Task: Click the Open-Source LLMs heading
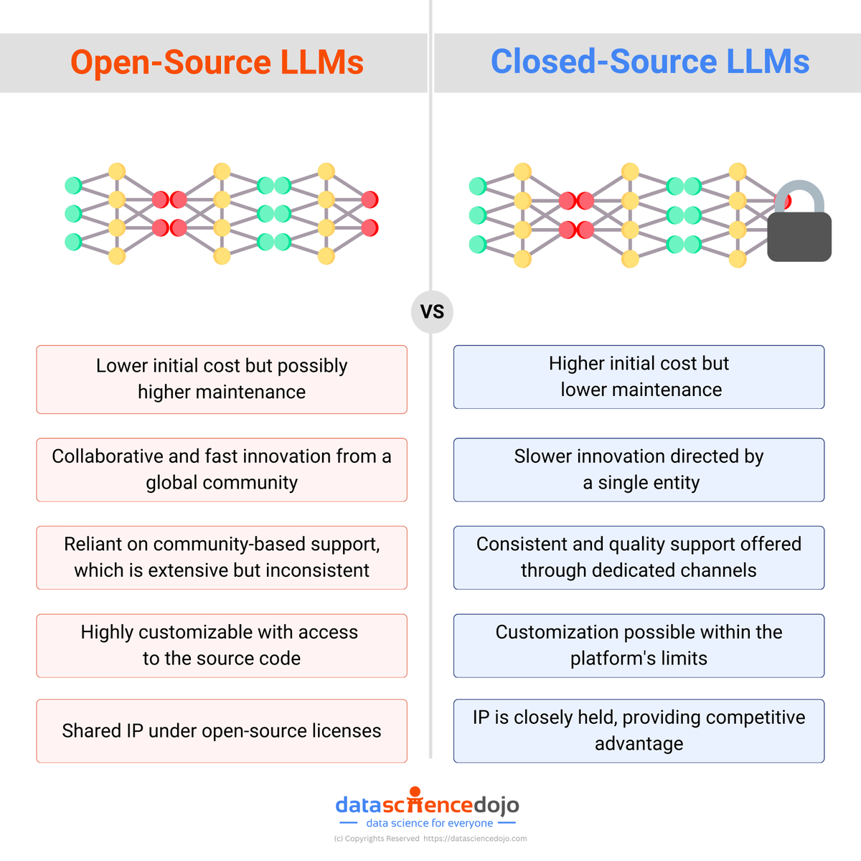pyautogui.click(x=217, y=62)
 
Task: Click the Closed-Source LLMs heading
pyautogui.click(x=649, y=62)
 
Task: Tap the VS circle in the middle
pyautogui.click(x=432, y=312)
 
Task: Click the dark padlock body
pyautogui.click(x=799, y=237)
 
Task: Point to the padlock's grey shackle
pyautogui.click(x=800, y=192)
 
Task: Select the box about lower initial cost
pyautogui.click(x=222, y=380)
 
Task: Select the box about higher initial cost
pyautogui.click(x=639, y=377)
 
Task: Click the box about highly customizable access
pyautogui.click(x=222, y=646)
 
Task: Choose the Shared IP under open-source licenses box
pyautogui.click(x=222, y=731)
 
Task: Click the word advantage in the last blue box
pyautogui.click(x=639, y=744)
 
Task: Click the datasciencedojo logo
pyautogui.click(x=428, y=804)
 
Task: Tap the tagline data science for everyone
pyautogui.click(x=429, y=824)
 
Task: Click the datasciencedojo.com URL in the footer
pyautogui.click(x=475, y=839)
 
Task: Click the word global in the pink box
pyautogui.click(x=171, y=483)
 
